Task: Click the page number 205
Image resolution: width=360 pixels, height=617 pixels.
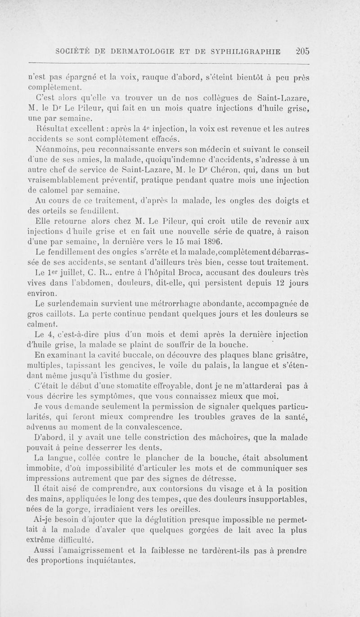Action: point(300,51)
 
